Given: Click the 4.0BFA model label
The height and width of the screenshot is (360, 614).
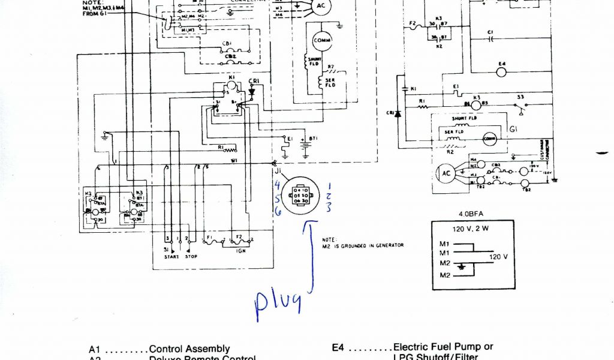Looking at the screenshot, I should tap(472, 214).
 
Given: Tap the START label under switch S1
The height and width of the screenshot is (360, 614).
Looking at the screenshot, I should tap(171, 257).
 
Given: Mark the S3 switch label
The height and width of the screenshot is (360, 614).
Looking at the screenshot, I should tap(520, 97).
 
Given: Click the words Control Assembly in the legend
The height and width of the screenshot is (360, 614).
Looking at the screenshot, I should tap(189, 349).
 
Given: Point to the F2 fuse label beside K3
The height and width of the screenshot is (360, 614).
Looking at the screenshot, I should tap(413, 24).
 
